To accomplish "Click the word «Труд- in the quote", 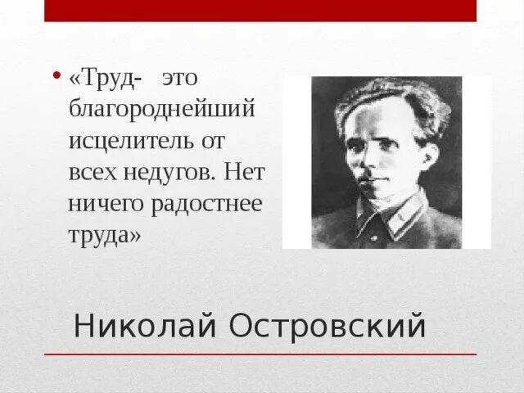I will coord(106,79).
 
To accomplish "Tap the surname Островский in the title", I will coord(327,326).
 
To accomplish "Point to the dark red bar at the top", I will coord(260,11).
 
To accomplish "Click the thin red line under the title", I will coord(260,355).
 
